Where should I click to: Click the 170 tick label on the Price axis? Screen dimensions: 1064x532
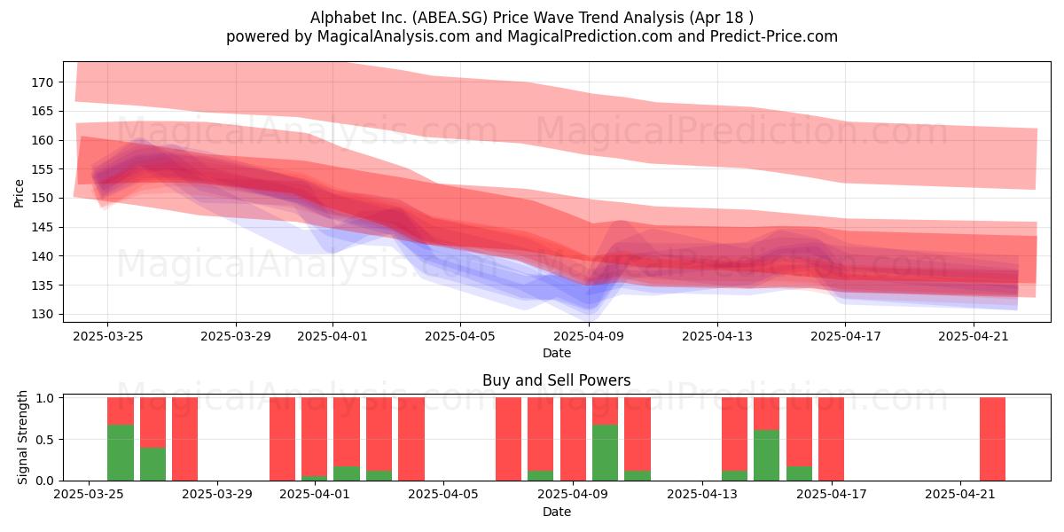[x=43, y=82]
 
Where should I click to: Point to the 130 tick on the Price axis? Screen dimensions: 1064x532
[x=43, y=315]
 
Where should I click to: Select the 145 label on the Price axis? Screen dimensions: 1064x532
[x=43, y=228]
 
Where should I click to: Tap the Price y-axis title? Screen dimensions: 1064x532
[x=19, y=193]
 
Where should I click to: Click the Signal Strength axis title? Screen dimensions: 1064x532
[x=22, y=437]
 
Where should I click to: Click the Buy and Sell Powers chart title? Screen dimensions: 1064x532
[x=556, y=380]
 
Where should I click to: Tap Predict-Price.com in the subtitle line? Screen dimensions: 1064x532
[x=774, y=36]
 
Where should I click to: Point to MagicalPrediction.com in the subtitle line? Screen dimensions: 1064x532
[x=590, y=36]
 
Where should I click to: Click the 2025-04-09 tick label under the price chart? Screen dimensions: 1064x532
[x=589, y=336]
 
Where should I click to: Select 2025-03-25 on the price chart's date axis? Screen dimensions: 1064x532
[x=108, y=336]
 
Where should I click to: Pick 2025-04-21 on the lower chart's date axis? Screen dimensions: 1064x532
[x=960, y=495]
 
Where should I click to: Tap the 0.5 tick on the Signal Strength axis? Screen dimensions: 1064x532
[x=44, y=440]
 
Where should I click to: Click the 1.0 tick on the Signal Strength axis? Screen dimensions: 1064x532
[x=44, y=398]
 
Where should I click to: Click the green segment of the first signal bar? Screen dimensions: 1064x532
[x=121, y=453]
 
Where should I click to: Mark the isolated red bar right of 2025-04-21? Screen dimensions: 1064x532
[x=993, y=439]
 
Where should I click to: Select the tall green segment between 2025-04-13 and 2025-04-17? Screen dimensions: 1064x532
[x=767, y=455]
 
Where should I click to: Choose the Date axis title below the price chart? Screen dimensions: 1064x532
[x=557, y=353]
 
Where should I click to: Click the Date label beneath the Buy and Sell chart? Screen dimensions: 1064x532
[x=557, y=512]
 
